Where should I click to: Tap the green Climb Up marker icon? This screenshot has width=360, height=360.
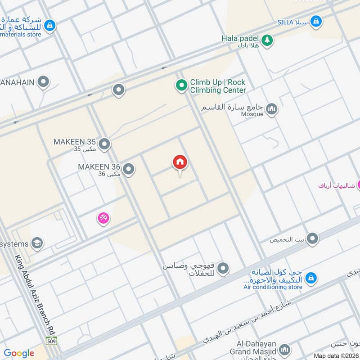coord(181,85)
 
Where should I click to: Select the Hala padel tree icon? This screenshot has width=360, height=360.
coord(267,40)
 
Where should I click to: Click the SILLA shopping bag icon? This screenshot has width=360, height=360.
coord(317,21)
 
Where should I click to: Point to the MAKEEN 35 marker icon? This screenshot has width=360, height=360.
coord(104,144)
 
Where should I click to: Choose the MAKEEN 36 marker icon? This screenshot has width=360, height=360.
coord(129,169)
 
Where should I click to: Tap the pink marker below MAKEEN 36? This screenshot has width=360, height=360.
coord(103,219)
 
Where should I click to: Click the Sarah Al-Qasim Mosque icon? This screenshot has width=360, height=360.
coord(272,109)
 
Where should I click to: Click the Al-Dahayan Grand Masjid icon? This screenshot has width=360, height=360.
coord(284,349)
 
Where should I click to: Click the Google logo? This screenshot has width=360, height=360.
coord(19,353)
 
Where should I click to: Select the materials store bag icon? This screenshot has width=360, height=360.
coord(50,26)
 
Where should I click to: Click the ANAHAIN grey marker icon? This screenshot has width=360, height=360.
coord(44,82)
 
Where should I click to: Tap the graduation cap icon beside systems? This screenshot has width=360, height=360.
coord(37,243)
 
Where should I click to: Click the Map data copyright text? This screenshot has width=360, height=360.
coord(336,355)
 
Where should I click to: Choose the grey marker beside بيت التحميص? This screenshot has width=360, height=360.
coord(312,239)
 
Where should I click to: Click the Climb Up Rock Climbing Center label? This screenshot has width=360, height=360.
coord(218,86)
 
